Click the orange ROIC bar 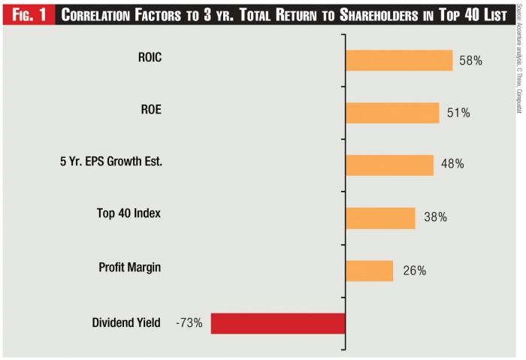[x=399, y=60]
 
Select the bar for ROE [x=392, y=113]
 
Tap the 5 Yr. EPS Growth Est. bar [x=389, y=165]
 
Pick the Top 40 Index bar [x=380, y=218]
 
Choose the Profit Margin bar [x=369, y=271]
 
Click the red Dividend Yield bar [x=278, y=323]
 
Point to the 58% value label [x=470, y=60]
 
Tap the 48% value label [x=452, y=165]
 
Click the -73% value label [x=189, y=323]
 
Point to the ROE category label [x=150, y=109]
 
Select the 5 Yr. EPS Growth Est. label [x=111, y=162]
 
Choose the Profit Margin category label [x=129, y=267]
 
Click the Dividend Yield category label [x=126, y=323]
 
